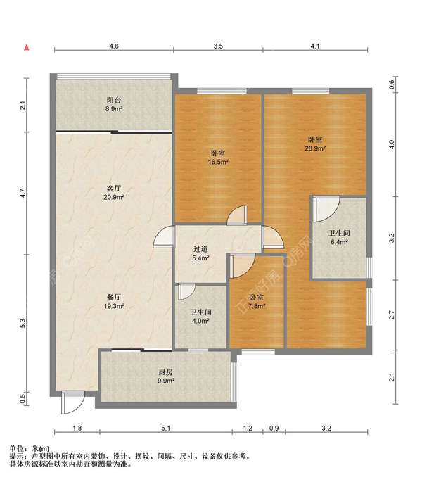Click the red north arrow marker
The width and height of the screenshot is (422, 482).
click(x=27, y=47)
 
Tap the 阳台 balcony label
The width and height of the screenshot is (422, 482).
click(x=114, y=100)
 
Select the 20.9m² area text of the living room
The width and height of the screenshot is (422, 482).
click(x=114, y=197)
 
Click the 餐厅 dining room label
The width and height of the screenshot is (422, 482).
click(x=114, y=297)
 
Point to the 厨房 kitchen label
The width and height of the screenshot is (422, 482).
click(x=166, y=372)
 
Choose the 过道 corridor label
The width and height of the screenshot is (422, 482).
click(x=200, y=249)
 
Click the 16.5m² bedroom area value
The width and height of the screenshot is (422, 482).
click(x=218, y=162)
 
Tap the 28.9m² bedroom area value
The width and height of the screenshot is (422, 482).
click(x=315, y=148)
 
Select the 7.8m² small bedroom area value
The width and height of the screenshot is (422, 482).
click(x=257, y=306)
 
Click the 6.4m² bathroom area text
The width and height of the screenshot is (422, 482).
click(x=339, y=242)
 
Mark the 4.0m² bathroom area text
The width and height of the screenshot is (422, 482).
click(x=200, y=321)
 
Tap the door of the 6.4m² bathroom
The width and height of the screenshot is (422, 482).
click(x=326, y=209)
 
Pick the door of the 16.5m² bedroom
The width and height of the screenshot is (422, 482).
click(x=237, y=215)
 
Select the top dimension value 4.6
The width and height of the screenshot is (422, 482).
click(x=114, y=46)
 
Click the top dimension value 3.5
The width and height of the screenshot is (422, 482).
click(x=218, y=46)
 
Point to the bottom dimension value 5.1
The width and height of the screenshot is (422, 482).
click(x=166, y=428)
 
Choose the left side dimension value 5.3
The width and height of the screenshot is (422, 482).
click(x=23, y=323)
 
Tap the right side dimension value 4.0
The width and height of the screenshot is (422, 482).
click(x=391, y=144)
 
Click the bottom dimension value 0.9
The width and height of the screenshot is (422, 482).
click(x=274, y=428)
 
